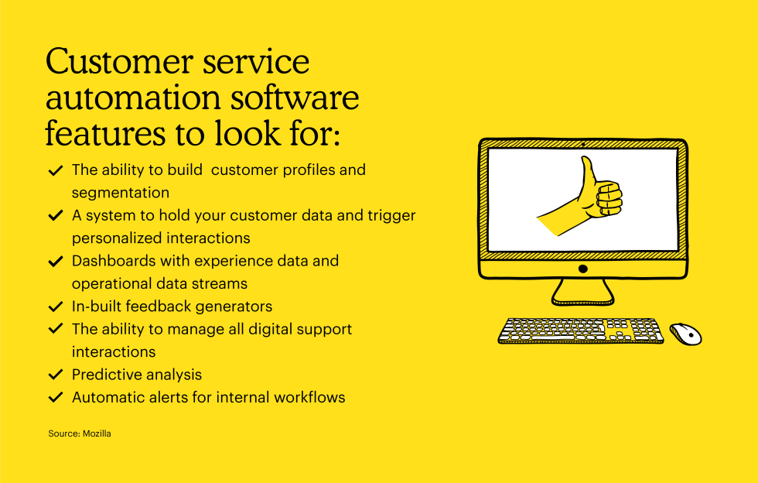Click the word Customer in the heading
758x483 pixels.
point(120,61)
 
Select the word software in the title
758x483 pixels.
point(295,97)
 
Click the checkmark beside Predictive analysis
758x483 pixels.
point(56,374)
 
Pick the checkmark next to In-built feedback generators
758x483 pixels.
point(56,307)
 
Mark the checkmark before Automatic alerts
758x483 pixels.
point(56,397)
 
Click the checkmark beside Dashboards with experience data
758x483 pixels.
point(56,261)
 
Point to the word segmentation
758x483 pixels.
point(121,193)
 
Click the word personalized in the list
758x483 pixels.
point(115,238)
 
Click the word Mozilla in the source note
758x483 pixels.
point(97,433)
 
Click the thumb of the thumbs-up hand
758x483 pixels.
point(589,173)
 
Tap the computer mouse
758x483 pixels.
point(685,334)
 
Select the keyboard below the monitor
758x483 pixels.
point(581,331)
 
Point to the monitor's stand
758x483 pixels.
point(583,293)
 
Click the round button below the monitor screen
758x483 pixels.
point(583,269)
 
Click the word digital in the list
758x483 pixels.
point(270,330)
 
